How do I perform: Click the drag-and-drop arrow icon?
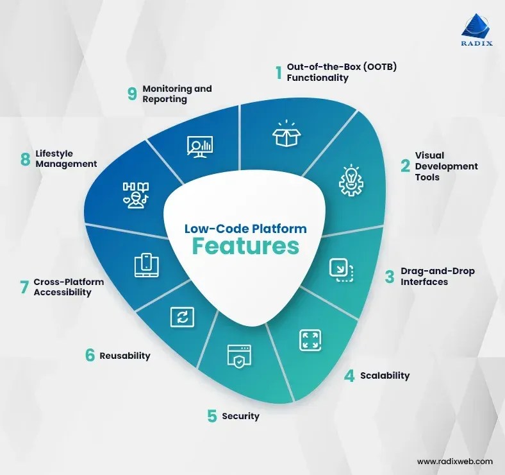click(342, 270)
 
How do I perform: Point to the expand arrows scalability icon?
click(310, 340)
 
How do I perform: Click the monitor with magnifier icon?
click(200, 147)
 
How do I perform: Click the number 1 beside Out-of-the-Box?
click(279, 73)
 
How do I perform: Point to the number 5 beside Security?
click(211, 416)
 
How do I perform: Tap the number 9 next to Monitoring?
click(133, 94)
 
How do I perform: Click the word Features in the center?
click(245, 246)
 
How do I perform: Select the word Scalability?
click(385, 376)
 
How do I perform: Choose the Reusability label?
click(125, 356)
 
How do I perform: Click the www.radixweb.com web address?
click(454, 461)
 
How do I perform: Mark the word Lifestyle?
click(54, 153)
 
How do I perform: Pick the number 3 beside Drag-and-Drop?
click(389, 277)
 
